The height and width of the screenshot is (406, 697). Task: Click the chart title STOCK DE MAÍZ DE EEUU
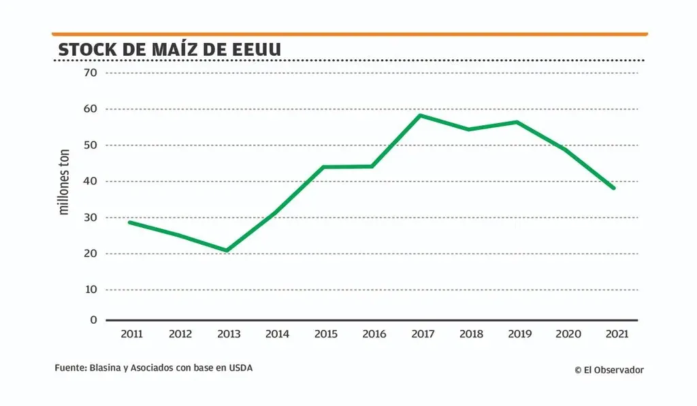pyautogui.click(x=169, y=50)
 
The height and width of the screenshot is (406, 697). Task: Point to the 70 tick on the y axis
pyautogui.click(x=91, y=73)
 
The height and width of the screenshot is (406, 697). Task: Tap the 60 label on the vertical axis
pyautogui.click(x=91, y=109)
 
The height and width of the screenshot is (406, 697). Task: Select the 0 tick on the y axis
pyautogui.click(x=94, y=320)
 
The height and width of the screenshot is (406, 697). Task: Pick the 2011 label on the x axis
pyautogui.click(x=131, y=334)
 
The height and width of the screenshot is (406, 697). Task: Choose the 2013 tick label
pyautogui.click(x=228, y=334)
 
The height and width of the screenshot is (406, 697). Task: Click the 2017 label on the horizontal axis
pyautogui.click(x=423, y=334)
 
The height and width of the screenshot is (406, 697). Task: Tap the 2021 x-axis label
pyautogui.click(x=616, y=334)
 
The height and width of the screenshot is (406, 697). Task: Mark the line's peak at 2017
pyautogui.click(x=421, y=115)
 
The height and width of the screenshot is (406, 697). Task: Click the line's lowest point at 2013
pyautogui.click(x=227, y=250)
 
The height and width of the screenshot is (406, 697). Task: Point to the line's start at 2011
pyautogui.click(x=129, y=222)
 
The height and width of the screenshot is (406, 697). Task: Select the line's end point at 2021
pyautogui.click(x=614, y=188)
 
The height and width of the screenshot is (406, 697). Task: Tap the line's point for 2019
pyautogui.click(x=517, y=122)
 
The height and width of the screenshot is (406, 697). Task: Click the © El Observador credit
pyautogui.click(x=608, y=370)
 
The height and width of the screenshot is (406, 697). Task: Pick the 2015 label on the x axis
pyautogui.click(x=325, y=334)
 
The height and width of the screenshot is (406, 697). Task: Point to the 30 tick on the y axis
pyautogui.click(x=91, y=218)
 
